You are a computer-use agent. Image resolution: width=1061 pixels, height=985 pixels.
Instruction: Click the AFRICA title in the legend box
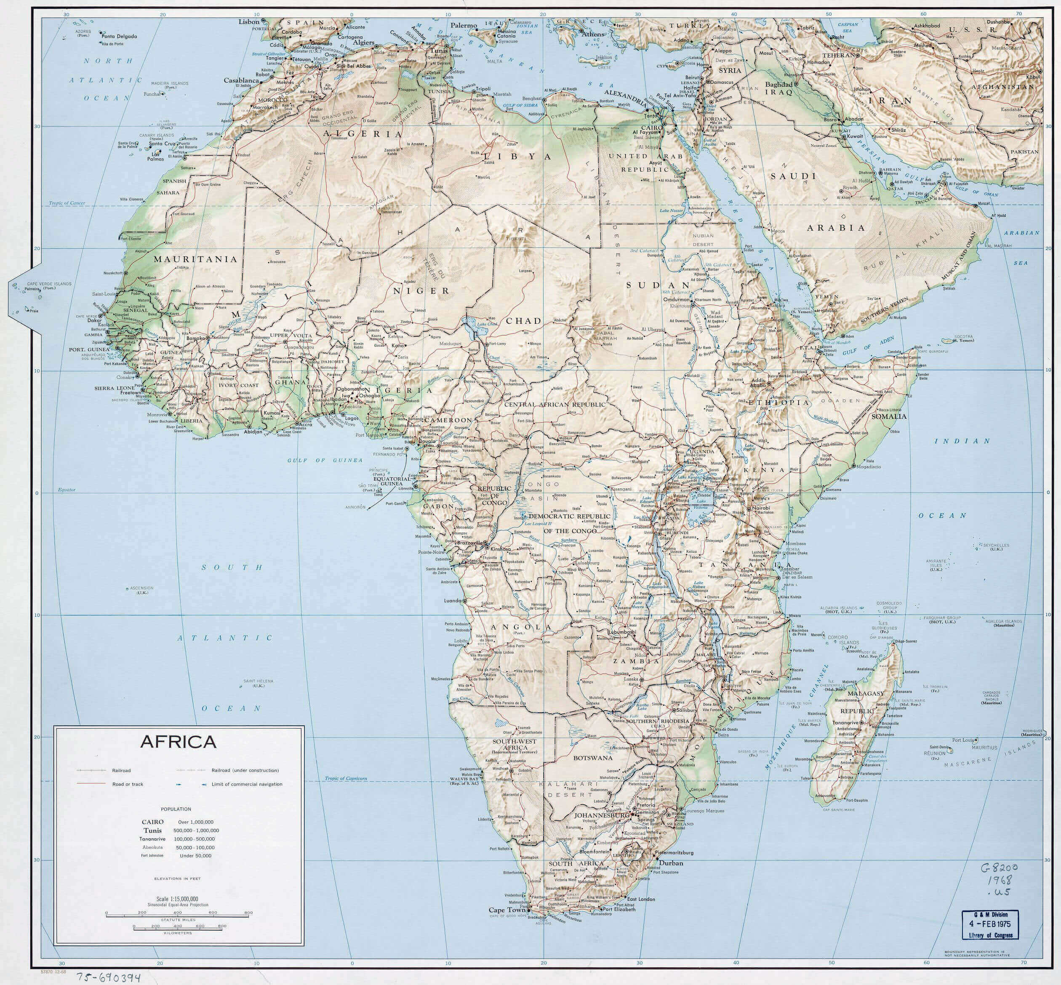(x=178, y=742)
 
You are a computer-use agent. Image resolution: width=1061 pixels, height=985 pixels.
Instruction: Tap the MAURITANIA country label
(x=195, y=260)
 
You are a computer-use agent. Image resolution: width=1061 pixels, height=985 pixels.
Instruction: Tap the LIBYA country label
(x=517, y=157)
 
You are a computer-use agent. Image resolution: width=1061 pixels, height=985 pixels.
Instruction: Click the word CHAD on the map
(x=524, y=321)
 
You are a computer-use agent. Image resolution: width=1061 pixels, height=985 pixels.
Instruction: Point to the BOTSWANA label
(x=593, y=757)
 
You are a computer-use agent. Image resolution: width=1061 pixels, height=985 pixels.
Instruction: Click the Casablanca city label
(x=241, y=80)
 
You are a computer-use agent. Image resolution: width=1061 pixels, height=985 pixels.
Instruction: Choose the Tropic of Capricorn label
(x=346, y=779)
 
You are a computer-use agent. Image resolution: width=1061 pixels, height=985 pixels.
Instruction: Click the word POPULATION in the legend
(x=179, y=809)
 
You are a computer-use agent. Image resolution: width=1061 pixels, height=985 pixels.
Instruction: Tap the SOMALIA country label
(x=889, y=416)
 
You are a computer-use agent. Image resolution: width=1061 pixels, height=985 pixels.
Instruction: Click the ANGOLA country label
(x=523, y=627)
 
